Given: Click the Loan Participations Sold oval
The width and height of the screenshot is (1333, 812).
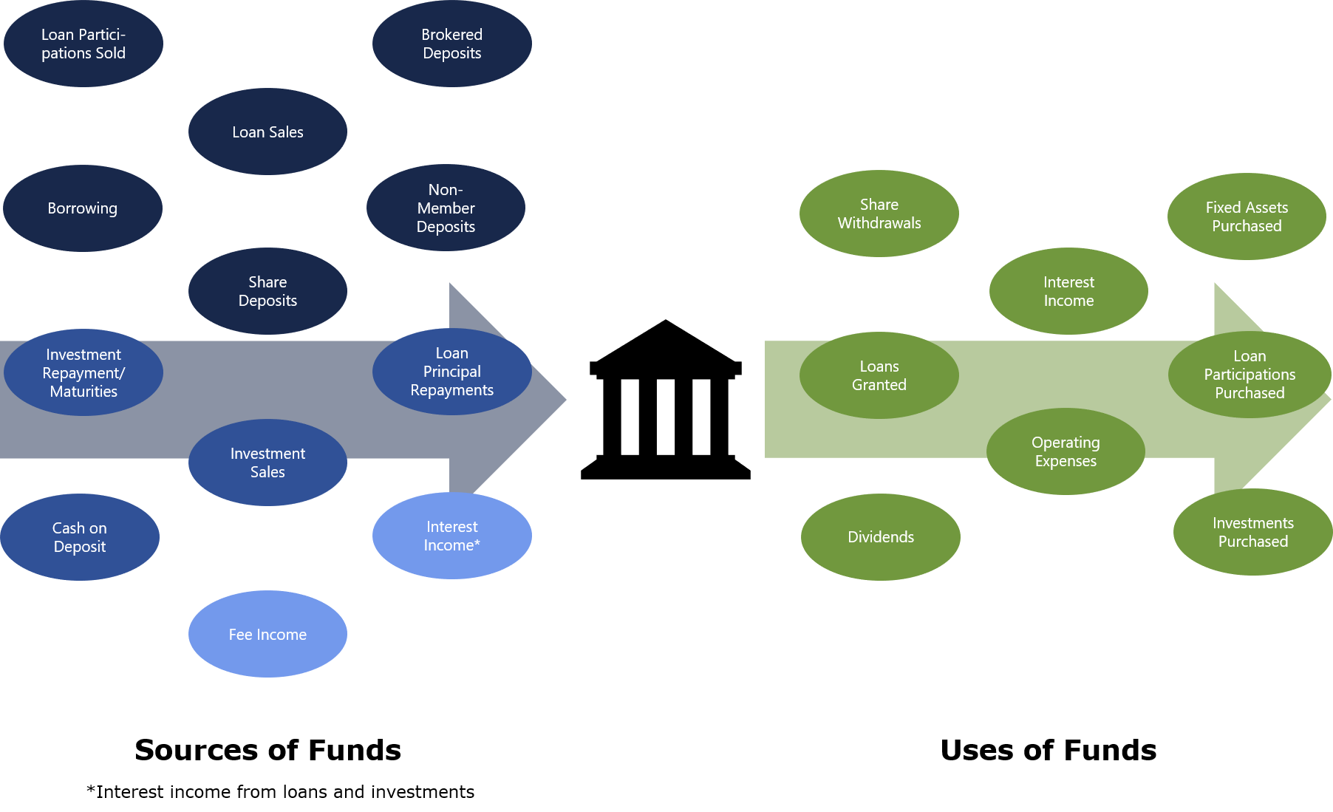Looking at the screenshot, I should click(x=83, y=44).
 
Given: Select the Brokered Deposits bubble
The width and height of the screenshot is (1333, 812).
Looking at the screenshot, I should click(x=451, y=44).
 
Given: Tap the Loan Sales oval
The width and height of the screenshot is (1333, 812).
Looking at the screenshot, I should click(x=267, y=132).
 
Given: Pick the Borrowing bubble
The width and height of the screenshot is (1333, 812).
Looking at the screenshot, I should click(x=83, y=208).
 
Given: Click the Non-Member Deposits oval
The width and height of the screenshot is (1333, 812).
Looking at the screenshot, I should click(x=446, y=208).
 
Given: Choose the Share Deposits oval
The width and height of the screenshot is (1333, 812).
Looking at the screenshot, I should click(x=267, y=291).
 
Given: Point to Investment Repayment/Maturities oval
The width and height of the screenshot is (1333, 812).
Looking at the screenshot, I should click(x=83, y=372).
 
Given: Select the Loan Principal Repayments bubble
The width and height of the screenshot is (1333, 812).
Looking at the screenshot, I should click(x=451, y=372).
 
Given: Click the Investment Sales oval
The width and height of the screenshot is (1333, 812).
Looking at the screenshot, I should click(x=267, y=463).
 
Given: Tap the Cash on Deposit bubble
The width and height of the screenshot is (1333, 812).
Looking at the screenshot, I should click(x=80, y=537).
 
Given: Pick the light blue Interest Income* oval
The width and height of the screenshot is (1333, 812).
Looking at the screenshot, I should click(x=451, y=536).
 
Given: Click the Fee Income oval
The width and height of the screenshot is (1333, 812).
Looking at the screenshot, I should click(x=267, y=634).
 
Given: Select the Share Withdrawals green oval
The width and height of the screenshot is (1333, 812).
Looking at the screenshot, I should click(x=879, y=214).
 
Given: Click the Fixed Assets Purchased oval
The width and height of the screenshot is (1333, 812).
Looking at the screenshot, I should click(x=1247, y=216).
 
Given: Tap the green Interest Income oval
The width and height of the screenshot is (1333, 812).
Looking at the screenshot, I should click(x=1068, y=291).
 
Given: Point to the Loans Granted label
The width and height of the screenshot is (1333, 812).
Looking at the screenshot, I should click(x=879, y=375).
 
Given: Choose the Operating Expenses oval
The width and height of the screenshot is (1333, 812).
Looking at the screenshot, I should click(x=1066, y=452).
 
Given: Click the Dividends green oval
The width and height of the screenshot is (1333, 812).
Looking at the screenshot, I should click(x=881, y=537).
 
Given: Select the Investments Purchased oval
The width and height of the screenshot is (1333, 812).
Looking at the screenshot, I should click(x=1253, y=532).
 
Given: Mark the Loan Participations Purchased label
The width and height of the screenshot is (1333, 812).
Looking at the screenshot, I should click(x=1250, y=375).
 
